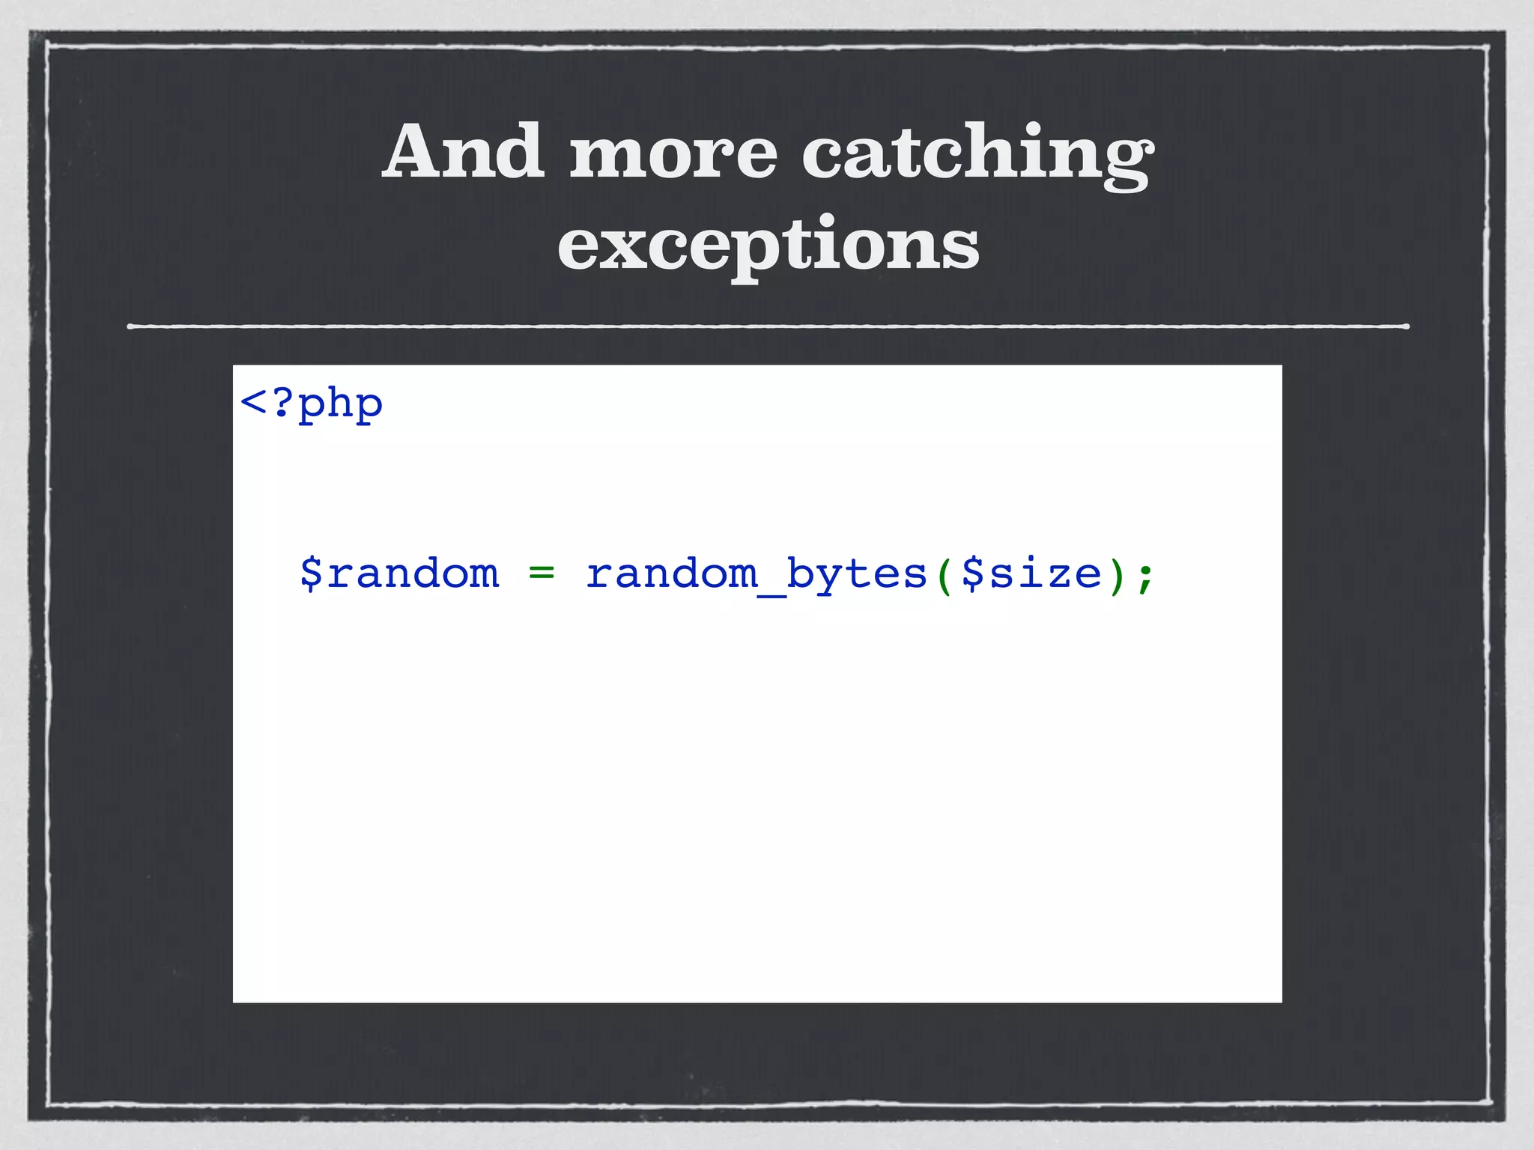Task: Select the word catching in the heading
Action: (978, 154)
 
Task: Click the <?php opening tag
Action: (311, 404)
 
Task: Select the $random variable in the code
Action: (399, 574)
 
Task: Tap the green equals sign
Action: (542, 574)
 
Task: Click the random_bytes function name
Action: (757, 574)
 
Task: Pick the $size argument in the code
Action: (1032, 574)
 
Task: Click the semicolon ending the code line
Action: (1145, 576)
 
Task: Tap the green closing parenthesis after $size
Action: (1118, 575)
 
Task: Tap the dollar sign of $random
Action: (311, 574)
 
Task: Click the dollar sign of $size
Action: (972, 574)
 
